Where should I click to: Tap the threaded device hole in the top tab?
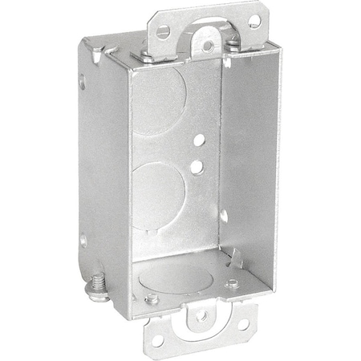click(209, 46)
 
